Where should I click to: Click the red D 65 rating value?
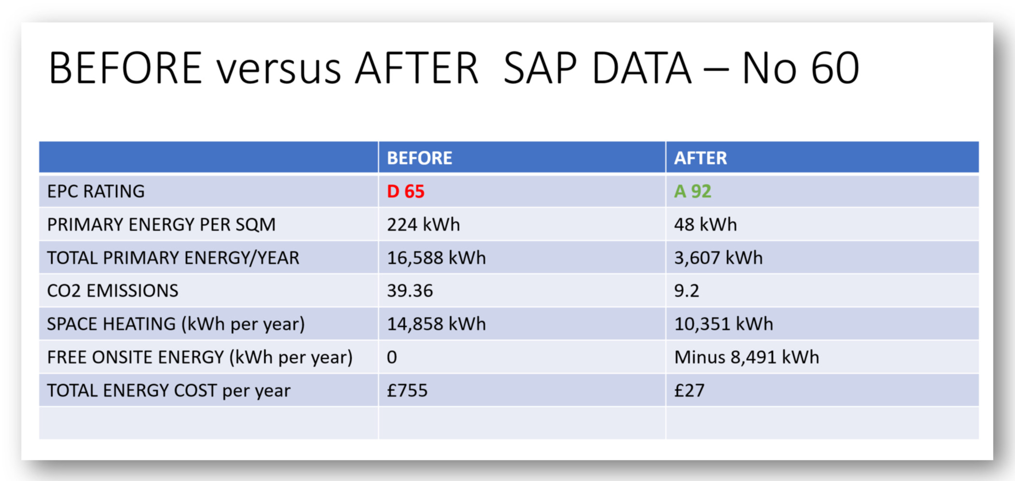pyautogui.click(x=405, y=191)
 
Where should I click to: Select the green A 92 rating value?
pyautogui.click(x=693, y=191)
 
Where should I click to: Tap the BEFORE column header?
pyautogui.click(x=419, y=158)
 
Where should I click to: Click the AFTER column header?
pyautogui.click(x=700, y=158)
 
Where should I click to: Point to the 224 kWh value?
pyautogui.click(x=423, y=225)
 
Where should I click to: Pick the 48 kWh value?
pyautogui.click(x=705, y=225)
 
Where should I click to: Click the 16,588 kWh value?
pyautogui.click(x=436, y=258)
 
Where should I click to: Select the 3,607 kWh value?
pyautogui.click(x=718, y=258)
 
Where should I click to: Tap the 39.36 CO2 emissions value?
pyautogui.click(x=410, y=291)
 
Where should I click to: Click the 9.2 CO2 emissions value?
pyautogui.click(x=686, y=291)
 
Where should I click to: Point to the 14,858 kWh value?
pyautogui.click(x=436, y=324)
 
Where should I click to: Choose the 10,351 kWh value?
pyautogui.click(x=723, y=324)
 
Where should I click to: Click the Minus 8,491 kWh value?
pyautogui.click(x=747, y=357)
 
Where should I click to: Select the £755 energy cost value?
pyautogui.click(x=407, y=390)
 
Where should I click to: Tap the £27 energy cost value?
pyautogui.click(x=689, y=390)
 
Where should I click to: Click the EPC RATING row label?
pyautogui.click(x=96, y=191)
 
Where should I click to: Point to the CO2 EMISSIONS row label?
pyautogui.click(x=112, y=291)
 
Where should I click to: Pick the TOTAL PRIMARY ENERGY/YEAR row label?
pyautogui.click(x=173, y=258)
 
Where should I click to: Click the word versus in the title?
pyautogui.click(x=278, y=69)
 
